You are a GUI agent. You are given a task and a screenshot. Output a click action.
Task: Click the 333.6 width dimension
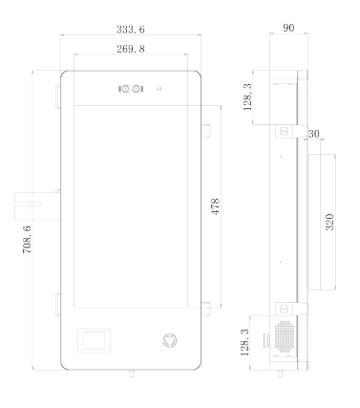pyautogui.click(x=131, y=30)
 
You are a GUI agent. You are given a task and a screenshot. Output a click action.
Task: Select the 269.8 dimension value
pyautogui.click(x=131, y=49)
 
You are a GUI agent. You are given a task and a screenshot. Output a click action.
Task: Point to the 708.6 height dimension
pyautogui.click(x=27, y=239)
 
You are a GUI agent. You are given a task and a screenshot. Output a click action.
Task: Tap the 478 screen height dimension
pyautogui.click(x=216, y=206)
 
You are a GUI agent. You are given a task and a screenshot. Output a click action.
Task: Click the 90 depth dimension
pyautogui.click(x=288, y=28)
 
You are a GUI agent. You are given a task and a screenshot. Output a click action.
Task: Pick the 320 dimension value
pyautogui.click(x=329, y=222)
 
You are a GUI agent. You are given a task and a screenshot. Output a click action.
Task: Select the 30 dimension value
pyautogui.click(x=314, y=134)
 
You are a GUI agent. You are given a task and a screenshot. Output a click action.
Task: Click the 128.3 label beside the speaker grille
pyautogui.click(x=244, y=342)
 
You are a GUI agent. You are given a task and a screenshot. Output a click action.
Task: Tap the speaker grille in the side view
pyautogui.click(x=284, y=336)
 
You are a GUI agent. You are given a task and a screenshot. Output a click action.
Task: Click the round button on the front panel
pyautogui.click(x=170, y=340)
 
